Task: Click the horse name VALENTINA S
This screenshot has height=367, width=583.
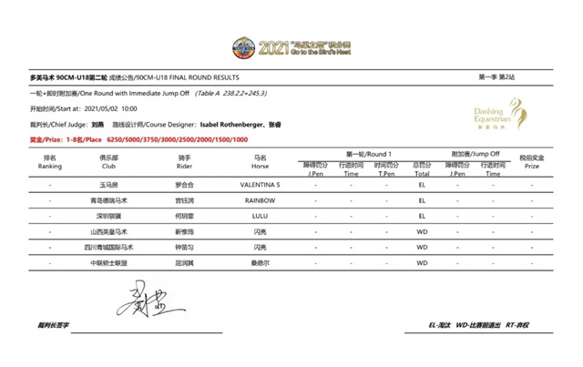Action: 260,185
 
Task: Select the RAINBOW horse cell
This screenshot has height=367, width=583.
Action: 260,200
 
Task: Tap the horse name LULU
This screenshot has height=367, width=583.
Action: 260,216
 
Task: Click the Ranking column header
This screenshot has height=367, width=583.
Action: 50,162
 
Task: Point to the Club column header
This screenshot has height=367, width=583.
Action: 108,162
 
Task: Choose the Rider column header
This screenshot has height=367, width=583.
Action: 184,162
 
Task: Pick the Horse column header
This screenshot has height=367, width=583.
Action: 260,162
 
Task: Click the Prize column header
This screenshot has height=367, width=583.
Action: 532,162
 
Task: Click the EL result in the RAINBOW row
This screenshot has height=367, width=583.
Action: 422,200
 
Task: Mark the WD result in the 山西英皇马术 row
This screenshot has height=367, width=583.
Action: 422,231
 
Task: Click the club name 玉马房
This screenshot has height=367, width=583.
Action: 108,185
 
